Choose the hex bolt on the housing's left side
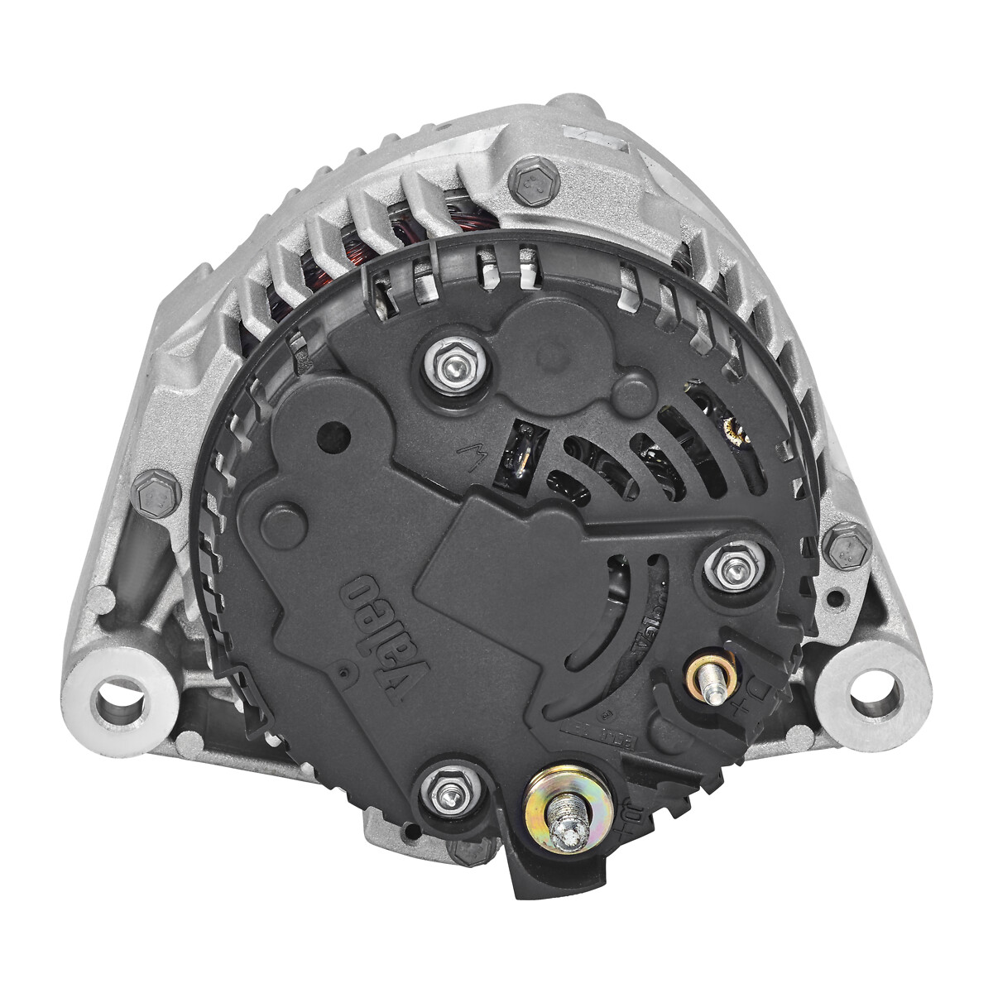pos(155,495)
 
